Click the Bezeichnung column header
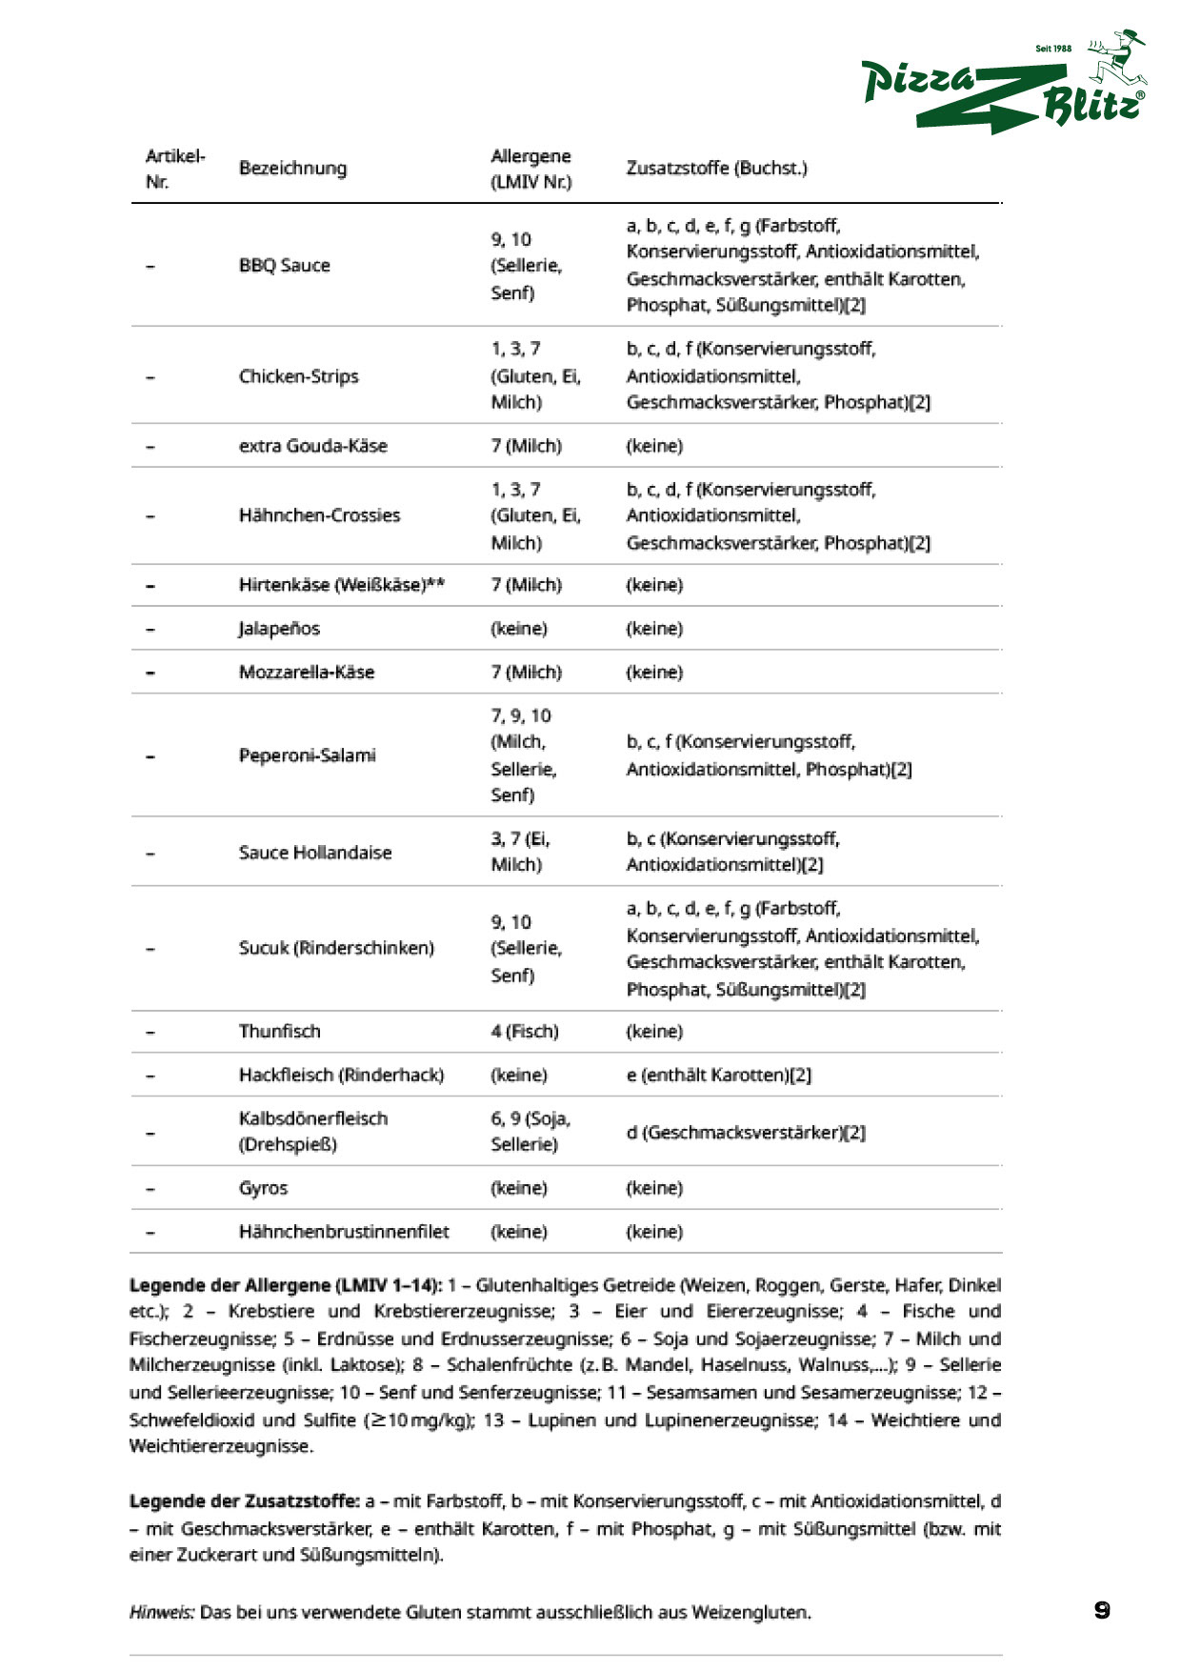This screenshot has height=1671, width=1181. pyautogui.click(x=292, y=169)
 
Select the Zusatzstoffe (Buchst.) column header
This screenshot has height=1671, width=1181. pyautogui.click(x=716, y=169)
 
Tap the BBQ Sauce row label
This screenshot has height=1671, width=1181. pyautogui.click(x=284, y=266)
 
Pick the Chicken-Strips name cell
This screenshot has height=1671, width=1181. pyautogui.click(x=298, y=376)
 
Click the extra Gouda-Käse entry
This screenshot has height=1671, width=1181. pyautogui.click(x=312, y=446)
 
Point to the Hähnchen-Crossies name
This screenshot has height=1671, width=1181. pyautogui.click(x=319, y=515)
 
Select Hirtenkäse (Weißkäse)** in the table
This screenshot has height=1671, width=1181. pyautogui.click(x=341, y=585)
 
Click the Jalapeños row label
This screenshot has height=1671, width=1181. pyautogui.click(x=279, y=629)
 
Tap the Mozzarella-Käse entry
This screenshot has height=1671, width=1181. pyautogui.click(x=306, y=673)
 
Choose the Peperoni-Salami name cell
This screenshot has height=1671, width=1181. pyautogui.click(x=307, y=755)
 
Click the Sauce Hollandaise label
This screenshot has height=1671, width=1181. pyautogui.click(x=314, y=853)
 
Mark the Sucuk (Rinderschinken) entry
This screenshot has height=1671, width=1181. pyautogui.click(x=335, y=948)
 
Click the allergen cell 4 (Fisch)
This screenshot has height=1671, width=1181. pyautogui.click(x=524, y=1032)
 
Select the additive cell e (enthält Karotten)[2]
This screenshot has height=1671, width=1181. pyautogui.click(x=718, y=1076)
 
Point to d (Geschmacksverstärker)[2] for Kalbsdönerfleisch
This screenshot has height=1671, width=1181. pyautogui.click(x=745, y=1133)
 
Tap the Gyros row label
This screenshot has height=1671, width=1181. pyautogui.click(x=263, y=1188)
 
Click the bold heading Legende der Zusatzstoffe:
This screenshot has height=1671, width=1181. pyautogui.click(x=245, y=1501)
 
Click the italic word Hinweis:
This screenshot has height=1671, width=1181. pyautogui.click(x=162, y=1613)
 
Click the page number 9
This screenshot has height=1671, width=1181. pyautogui.click(x=1102, y=1611)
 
